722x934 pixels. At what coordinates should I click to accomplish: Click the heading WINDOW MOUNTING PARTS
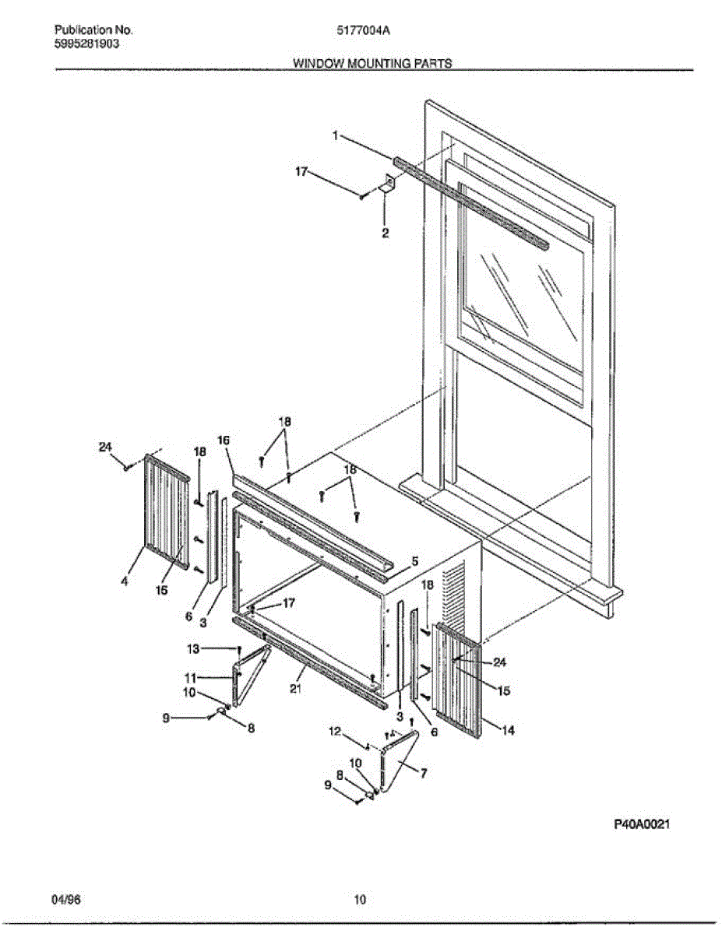[372, 64]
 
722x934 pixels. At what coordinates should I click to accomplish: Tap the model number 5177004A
[363, 30]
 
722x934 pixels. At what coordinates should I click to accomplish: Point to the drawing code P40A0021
[642, 824]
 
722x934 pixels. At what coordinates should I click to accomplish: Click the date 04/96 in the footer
[66, 901]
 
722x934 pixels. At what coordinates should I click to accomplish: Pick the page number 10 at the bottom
[359, 901]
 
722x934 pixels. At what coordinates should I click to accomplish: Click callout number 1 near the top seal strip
[336, 135]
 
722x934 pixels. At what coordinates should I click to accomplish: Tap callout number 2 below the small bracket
[385, 233]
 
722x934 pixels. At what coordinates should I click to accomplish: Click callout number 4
[125, 580]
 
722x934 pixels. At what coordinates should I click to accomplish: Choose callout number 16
[224, 441]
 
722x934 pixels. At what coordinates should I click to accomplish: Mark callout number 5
[415, 560]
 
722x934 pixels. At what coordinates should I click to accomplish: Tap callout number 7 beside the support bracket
[423, 774]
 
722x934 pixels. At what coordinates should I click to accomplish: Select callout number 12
[336, 731]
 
